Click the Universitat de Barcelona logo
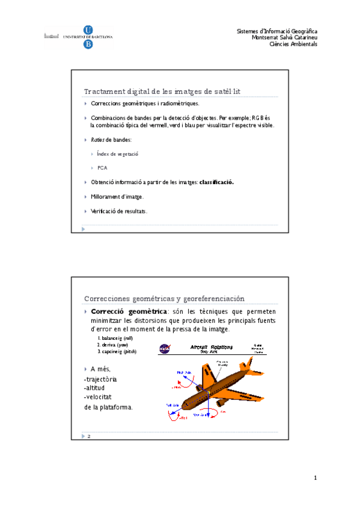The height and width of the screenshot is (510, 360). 78,36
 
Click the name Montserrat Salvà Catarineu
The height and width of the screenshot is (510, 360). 284,37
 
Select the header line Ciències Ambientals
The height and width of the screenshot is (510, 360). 293,44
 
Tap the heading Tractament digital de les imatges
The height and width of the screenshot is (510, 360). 162,91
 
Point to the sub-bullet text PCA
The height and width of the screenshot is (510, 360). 102,168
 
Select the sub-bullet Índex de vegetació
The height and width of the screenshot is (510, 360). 118,154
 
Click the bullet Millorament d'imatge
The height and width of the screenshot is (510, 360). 117,197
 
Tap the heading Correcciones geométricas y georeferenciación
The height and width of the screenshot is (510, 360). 165,298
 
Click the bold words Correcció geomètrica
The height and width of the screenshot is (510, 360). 129,312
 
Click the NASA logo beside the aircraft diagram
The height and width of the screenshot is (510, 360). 164,349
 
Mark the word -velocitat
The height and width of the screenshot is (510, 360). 99,397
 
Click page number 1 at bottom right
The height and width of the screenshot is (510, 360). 314,478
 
